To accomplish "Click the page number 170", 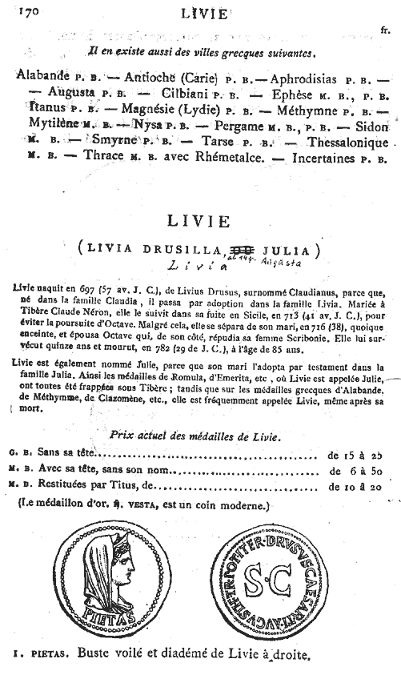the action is [29, 12].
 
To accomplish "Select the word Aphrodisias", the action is [308, 78].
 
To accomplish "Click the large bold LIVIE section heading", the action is [200, 220].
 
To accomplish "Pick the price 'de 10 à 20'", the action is [356, 486].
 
